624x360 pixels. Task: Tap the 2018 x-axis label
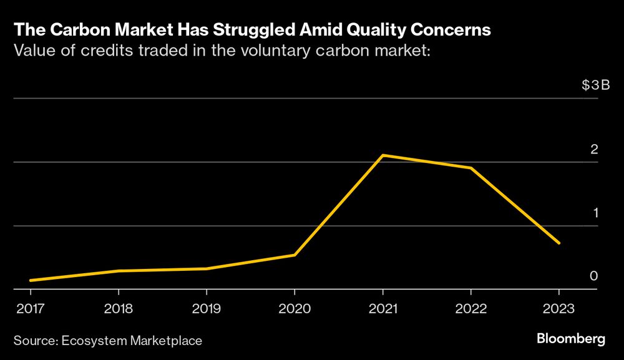tap(118, 308)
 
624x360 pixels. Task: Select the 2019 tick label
tap(206, 308)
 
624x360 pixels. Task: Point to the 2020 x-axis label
tap(295, 308)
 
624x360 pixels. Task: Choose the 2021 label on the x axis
tap(382, 308)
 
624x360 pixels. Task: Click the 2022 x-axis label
tap(470, 308)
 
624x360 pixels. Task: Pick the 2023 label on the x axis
tap(558, 308)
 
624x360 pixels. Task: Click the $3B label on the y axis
tap(595, 85)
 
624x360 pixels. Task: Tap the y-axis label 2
tap(594, 149)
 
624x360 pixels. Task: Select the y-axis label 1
tap(595, 213)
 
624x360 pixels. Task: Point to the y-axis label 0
tap(594, 276)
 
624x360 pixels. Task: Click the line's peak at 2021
tap(383, 155)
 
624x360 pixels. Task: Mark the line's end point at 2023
tap(558, 243)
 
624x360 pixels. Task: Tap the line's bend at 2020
tap(295, 255)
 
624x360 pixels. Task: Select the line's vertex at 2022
tap(470, 168)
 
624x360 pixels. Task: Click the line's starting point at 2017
tap(30, 280)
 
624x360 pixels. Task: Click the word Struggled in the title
tap(229, 29)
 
